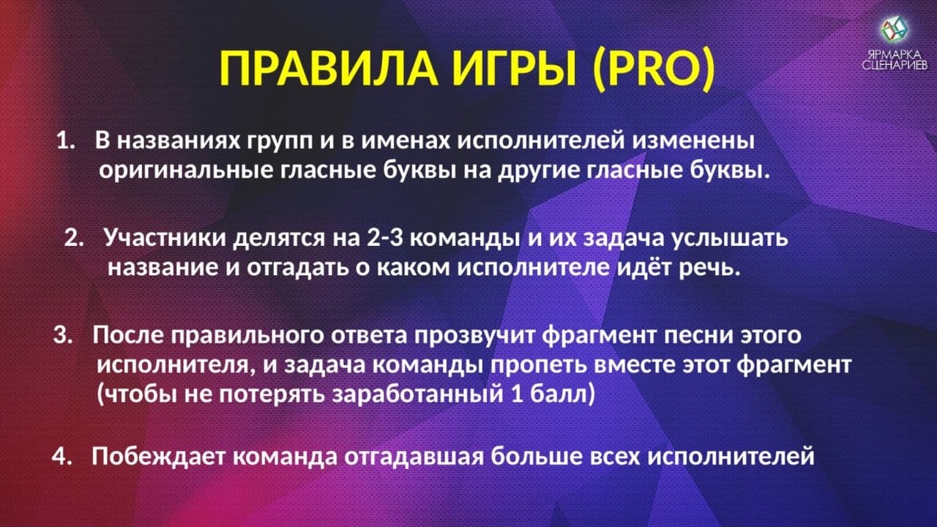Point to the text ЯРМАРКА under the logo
tap(895, 55)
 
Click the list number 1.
tap(64, 140)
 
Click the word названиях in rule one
tap(176, 140)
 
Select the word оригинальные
tap(187, 171)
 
